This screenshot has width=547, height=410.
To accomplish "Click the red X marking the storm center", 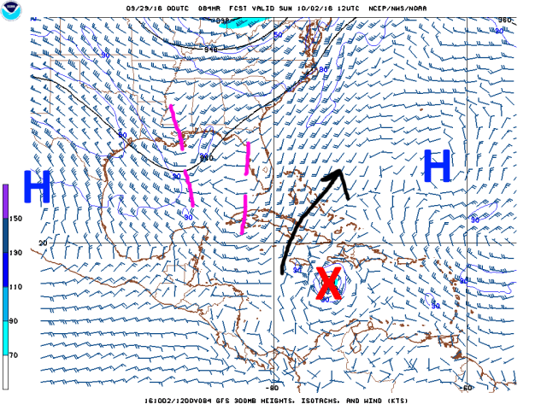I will pyautogui.click(x=326, y=284).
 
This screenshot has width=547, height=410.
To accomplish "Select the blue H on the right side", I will pyautogui.click(x=437, y=167).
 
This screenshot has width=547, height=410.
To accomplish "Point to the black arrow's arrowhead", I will pyautogui.click(x=337, y=175).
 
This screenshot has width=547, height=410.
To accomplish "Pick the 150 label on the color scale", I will pyautogui.click(x=15, y=219).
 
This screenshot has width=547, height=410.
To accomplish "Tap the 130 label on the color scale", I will pyautogui.click(x=15, y=253).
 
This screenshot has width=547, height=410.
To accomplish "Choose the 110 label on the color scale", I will pyautogui.click(x=15, y=287).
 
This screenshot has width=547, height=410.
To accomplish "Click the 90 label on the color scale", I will pyautogui.click(x=14, y=321).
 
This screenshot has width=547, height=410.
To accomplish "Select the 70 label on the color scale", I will pyautogui.click(x=14, y=354).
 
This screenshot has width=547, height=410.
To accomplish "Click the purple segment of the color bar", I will pyautogui.click(x=5, y=201).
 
